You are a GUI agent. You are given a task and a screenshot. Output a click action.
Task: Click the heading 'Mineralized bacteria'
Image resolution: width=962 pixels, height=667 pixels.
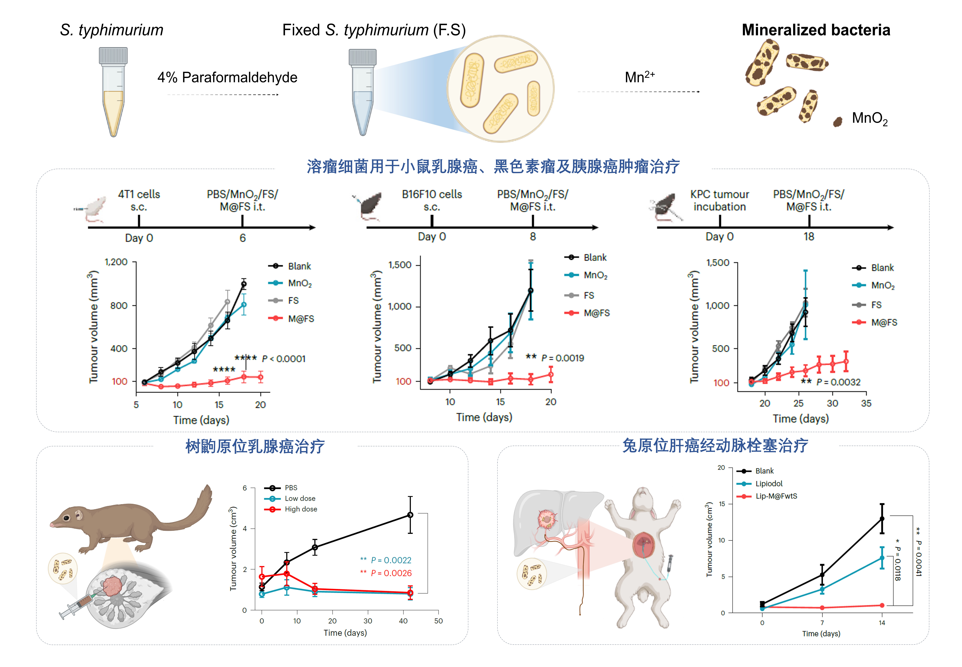click(x=816, y=30)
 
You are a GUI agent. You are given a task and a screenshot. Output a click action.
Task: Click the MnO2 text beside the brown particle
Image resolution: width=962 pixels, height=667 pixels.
click(x=869, y=119)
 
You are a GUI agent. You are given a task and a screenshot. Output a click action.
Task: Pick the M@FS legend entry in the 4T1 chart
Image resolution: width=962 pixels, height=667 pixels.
click(x=300, y=319)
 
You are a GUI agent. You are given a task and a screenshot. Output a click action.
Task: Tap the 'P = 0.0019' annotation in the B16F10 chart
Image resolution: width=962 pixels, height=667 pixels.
click(x=563, y=358)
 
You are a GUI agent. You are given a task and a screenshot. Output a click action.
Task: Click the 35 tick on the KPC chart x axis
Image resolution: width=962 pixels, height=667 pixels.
click(x=866, y=403)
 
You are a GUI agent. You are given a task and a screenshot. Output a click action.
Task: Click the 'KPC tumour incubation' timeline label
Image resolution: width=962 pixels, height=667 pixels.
click(x=719, y=201)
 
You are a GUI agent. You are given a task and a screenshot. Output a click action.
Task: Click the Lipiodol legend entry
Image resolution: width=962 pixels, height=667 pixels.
click(x=768, y=484)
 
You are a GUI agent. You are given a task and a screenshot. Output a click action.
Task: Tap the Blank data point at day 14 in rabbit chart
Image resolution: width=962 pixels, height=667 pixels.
click(x=882, y=519)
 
